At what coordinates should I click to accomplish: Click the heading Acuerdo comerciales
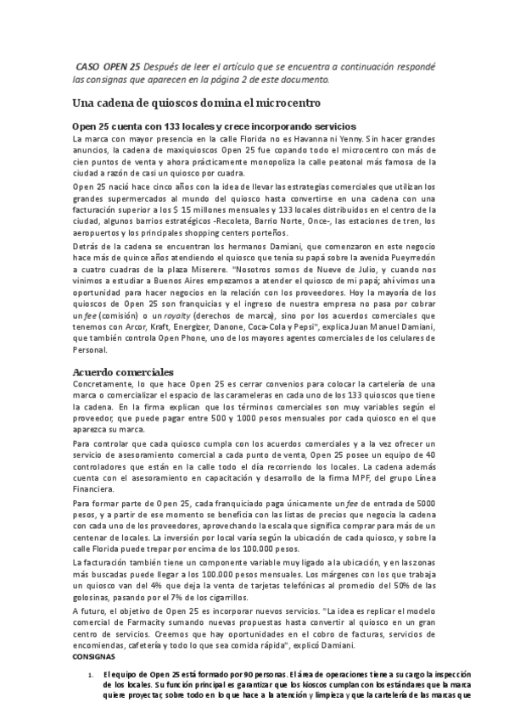(124, 372)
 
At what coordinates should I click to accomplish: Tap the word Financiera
(94, 489)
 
